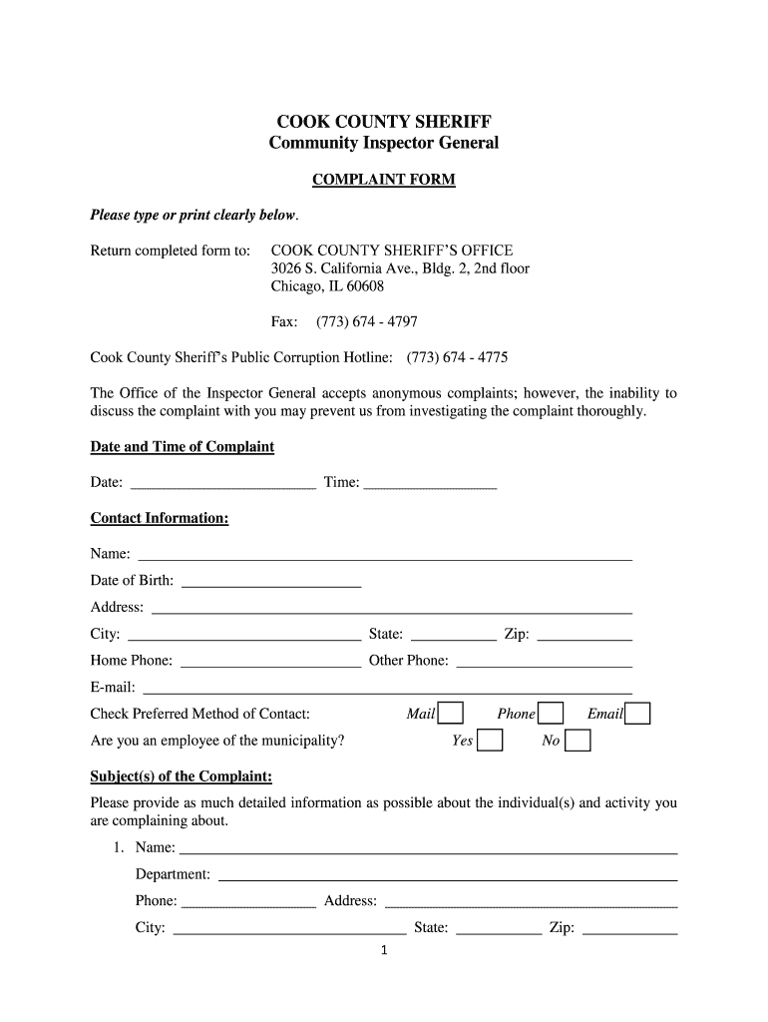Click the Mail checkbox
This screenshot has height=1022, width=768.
pyautogui.click(x=451, y=713)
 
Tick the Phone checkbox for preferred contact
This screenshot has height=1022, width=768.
pyautogui.click(x=551, y=713)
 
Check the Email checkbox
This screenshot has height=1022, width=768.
pyautogui.click(x=638, y=713)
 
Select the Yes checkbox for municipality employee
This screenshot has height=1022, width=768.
pyautogui.click(x=489, y=741)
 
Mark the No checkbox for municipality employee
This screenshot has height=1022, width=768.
pyautogui.click(x=577, y=741)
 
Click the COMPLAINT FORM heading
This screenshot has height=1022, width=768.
pyautogui.click(x=384, y=180)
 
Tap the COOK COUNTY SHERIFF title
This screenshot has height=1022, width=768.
pyautogui.click(x=384, y=122)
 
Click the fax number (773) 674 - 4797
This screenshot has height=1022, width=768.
pyautogui.click(x=366, y=321)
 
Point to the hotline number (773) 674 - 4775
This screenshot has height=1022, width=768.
pyautogui.click(x=457, y=357)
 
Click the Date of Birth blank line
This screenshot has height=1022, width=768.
pyautogui.click(x=271, y=582)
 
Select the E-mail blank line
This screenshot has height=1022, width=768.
pyautogui.click(x=388, y=688)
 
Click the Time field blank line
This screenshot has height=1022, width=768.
pyautogui.click(x=430, y=484)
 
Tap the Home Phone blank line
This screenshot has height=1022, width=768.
pyautogui.click(x=270, y=662)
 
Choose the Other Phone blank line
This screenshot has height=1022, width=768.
pyautogui.click(x=544, y=662)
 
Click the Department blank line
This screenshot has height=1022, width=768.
pyautogui.click(x=448, y=876)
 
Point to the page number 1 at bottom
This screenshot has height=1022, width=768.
pyautogui.click(x=384, y=950)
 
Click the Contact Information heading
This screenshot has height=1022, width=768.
pyautogui.click(x=160, y=518)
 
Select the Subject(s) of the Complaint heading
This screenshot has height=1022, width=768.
pyautogui.click(x=182, y=775)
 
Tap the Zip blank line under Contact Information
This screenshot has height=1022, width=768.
pyautogui.click(x=584, y=636)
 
